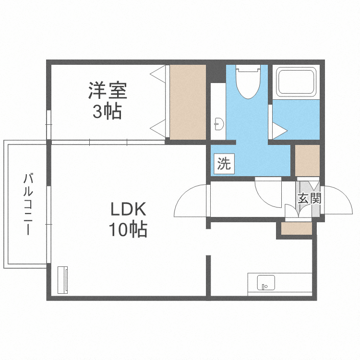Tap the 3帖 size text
coord(107,112)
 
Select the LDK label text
coord(128,210)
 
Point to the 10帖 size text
coord(128,230)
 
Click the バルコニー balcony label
coord(28,204)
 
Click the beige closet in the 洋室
coord(187,102)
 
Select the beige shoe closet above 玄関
coord(307,159)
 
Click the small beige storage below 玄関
coord(296,229)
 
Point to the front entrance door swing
coord(336,201)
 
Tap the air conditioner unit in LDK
coord(63,279)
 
